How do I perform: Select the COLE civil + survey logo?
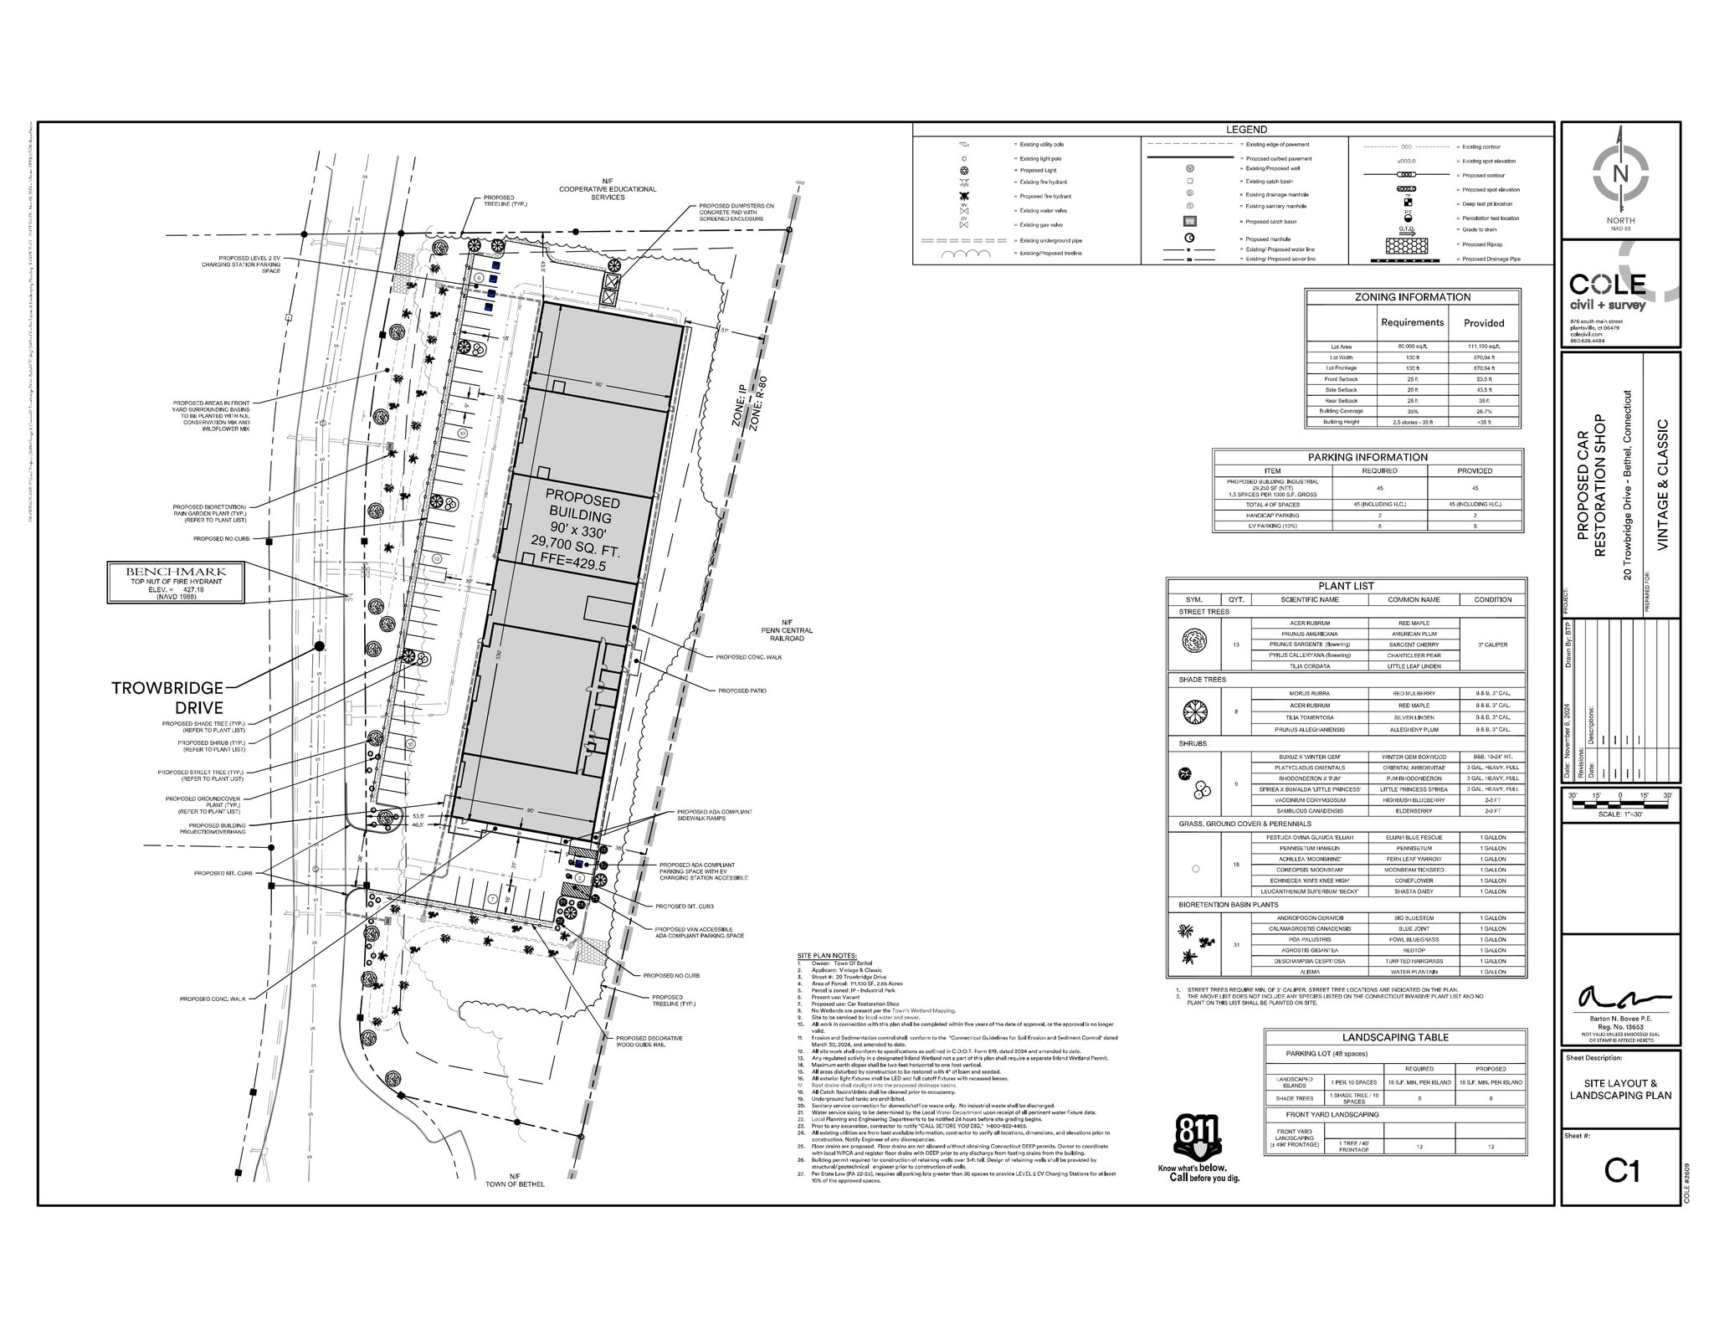click(1607, 290)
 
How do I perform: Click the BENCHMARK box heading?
click(176, 571)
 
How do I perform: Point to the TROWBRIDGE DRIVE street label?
click(167, 697)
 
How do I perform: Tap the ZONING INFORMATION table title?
click(1412, 297)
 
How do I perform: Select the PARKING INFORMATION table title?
click(1368, 457)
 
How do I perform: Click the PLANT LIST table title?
click(1346, 586)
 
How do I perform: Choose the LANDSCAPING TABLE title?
click(1394, 1037)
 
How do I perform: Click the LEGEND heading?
click(1246, 130)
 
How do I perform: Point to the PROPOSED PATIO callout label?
click(742, 691)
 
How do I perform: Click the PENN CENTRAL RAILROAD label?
click(787, 630)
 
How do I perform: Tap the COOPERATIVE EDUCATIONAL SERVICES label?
click(608, 189)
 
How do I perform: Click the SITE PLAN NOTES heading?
click(827, 955)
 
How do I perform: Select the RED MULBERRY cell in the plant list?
click(1414, 694)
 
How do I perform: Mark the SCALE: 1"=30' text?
click(1619, 814)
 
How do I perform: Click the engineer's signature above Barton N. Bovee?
click(1620, 998)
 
